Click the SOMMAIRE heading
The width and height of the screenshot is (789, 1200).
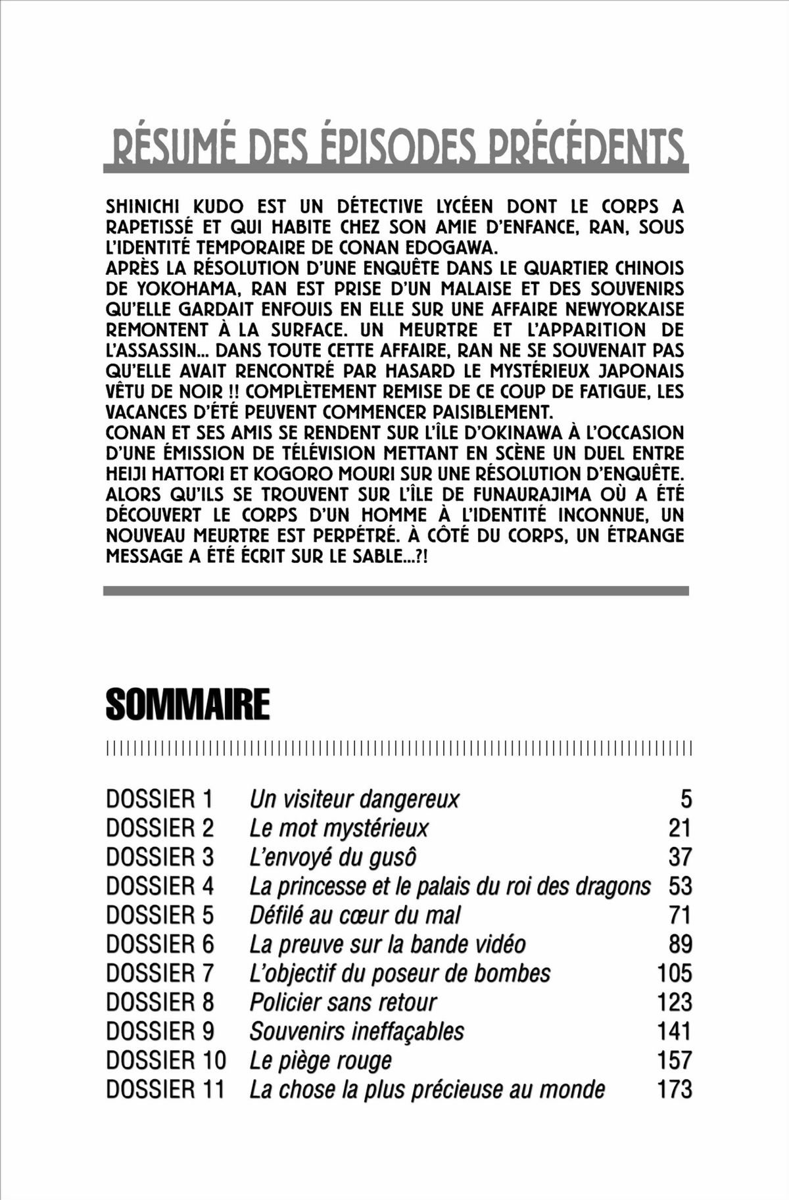[187, 705]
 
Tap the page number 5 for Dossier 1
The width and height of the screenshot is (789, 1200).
[686, 800]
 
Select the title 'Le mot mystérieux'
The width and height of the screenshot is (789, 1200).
[339, 828]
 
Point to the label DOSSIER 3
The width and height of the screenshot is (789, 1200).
[160, 857]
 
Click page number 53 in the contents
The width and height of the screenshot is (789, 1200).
[681, 886]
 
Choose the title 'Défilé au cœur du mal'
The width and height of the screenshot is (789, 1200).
[355, 915]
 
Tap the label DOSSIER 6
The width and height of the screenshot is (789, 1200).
[160, 944]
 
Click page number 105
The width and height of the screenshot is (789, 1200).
[675, 973]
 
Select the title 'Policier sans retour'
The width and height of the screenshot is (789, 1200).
[343, 1002]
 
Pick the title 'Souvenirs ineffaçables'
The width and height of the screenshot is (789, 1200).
[357, 1031]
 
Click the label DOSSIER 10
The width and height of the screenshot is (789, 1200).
[166, 1060]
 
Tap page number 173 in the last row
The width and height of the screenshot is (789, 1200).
[675, 1089]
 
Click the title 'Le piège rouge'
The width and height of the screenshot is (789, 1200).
[320, 1060]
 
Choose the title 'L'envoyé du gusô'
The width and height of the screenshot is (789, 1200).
[333, 857]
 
